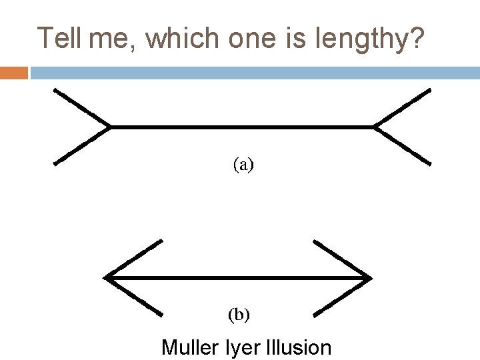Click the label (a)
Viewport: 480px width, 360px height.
[x=243, y=164]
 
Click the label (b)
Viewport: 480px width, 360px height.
[x=239, y=314]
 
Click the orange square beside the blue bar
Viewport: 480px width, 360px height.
[x=13, y=72]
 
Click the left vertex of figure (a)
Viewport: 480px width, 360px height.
[x=111, y=126]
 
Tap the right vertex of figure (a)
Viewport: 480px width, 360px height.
[x=375, y=126]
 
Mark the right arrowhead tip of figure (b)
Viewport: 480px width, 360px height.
[x=371, y=277]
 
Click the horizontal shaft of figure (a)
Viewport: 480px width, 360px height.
[x=243, y=126]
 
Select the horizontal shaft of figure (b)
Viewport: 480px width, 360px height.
[x=239, y=277]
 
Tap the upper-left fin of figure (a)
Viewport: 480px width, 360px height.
[x=81, y=107]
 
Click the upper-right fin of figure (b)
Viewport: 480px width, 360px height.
[x=342, y=259]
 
